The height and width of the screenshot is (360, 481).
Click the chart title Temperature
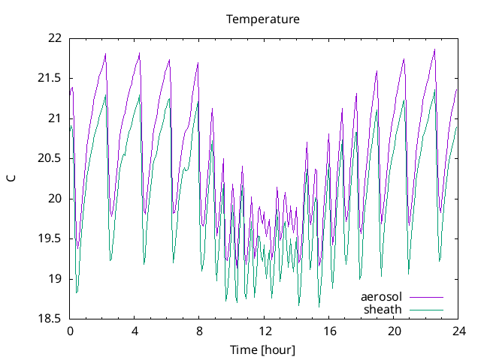click(263, 19)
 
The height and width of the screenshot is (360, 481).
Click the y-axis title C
click(11, 178)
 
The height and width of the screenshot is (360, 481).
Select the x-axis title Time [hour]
click(263, 350)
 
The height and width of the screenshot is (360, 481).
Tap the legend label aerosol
click(382, 297)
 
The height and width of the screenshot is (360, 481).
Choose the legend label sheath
click(383, 309)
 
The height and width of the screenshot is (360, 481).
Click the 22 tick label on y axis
click(54, 37)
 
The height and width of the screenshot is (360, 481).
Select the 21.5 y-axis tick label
click(50, 78)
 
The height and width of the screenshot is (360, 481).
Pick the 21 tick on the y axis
click(54, 118)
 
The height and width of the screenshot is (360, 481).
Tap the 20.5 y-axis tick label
click(50, 158)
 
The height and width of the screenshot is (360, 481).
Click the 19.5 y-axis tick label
click(50, 238)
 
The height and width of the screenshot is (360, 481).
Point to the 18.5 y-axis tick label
click(50, 319)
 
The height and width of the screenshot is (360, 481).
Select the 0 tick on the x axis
click(70, 331)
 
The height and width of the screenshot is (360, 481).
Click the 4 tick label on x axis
click(135, 331)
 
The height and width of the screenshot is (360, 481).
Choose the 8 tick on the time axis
click(199, 331)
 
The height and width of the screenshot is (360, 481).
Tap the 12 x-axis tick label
click(264, 331)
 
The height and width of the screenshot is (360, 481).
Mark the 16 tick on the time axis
click(328, 331)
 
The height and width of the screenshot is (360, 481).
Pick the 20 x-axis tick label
click(393, 331)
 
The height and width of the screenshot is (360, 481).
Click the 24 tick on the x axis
click(458, 331)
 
